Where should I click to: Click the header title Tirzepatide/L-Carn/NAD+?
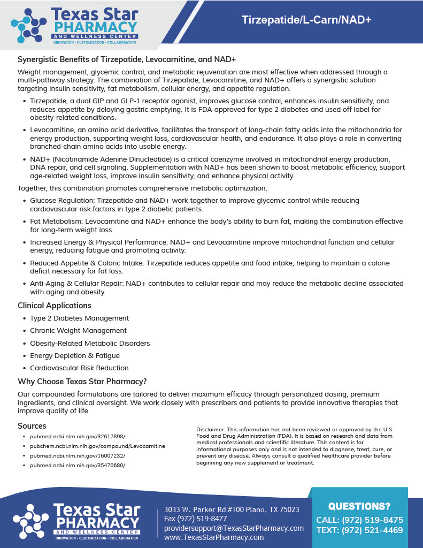pyautogui.click(x=306, y=20)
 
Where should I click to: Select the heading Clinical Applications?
pyautogui.click(x=55, y=306)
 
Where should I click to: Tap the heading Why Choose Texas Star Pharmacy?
pyautogui.click(x=82, y=382)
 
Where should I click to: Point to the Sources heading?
pyautogui.click(x=32, y=426)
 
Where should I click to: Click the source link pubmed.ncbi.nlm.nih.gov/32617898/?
pyautogui.click(x=78, y=437)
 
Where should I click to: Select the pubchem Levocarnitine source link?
pyautogui.click(x=97, y=446)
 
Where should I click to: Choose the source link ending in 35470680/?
pyautogui.click(x=78, y=465)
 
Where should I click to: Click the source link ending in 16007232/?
pyautogui.click(x=78, y=455)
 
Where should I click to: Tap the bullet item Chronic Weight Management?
pyautogui.click(x=78, y=331)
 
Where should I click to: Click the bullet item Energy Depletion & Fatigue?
pyautogui.click(x=75, y=355)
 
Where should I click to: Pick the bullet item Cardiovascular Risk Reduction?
pyautogui.click(x=79, y=368)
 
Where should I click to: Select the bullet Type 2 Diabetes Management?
pyautogui.click(x=79, y=318)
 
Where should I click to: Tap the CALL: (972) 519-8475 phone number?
pyautogui.click(x=359, y=520)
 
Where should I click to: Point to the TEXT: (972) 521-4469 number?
pyautogui.click(x=359, y=530)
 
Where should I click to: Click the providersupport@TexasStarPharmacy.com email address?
pyautogui.click(x=234, y=528)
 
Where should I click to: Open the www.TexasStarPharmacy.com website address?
pyautogui.click(x=214, y=537)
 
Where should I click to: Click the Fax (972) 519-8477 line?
pyautogui.click(x=196, y=519)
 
